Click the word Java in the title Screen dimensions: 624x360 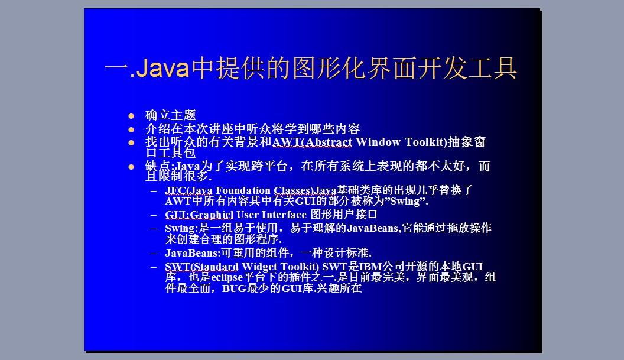(x=162, y=68)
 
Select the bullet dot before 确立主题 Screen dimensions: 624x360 (x=131, y=116)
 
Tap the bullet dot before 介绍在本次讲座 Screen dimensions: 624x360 (x=131, y=129)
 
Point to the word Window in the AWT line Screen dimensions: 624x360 (x=378, y=142)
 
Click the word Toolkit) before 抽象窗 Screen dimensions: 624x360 (x=426, y=142)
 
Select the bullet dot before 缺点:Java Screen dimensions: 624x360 (x=131, y=167)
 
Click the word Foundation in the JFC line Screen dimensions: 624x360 (x=243, y=191)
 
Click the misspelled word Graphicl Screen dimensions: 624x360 (x=212, y=215)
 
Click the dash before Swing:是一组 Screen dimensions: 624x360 (x=154, y=229)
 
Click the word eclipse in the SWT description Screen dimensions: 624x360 (x=227, y=278)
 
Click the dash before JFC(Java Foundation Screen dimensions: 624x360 (x=154, y=191)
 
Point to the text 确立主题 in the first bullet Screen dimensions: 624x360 (x=171, y=115)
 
